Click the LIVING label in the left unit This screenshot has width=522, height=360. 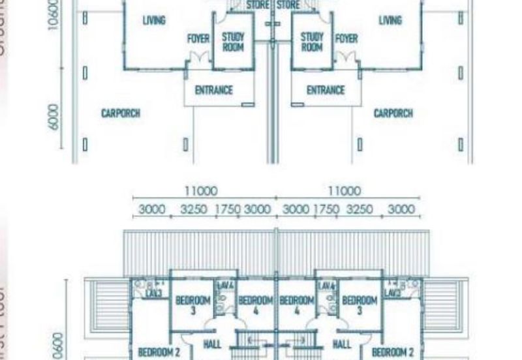pos(154,20)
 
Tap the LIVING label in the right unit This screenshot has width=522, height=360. pos(390,20)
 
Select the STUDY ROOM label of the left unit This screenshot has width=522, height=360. pos(233,42)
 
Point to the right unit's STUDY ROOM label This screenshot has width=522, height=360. pos(312,42)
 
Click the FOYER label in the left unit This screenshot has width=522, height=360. pos(198,38)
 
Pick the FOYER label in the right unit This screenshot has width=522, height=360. pos(346,38)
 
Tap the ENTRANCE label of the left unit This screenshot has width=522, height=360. pos(214,91)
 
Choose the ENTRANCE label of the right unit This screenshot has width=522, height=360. pos(326,91)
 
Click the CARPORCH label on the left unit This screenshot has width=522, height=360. pos(121,113)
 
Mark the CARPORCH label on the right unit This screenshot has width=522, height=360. pos(393,113)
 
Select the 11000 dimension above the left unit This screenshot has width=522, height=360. pos(201,191)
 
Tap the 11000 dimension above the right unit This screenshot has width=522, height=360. pos(344,191)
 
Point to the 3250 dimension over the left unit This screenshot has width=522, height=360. pos(194,209)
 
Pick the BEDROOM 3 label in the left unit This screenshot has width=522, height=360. pos(193,305)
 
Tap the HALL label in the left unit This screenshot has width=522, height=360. pos(212,344)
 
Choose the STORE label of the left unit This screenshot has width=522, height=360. pos(258,5)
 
